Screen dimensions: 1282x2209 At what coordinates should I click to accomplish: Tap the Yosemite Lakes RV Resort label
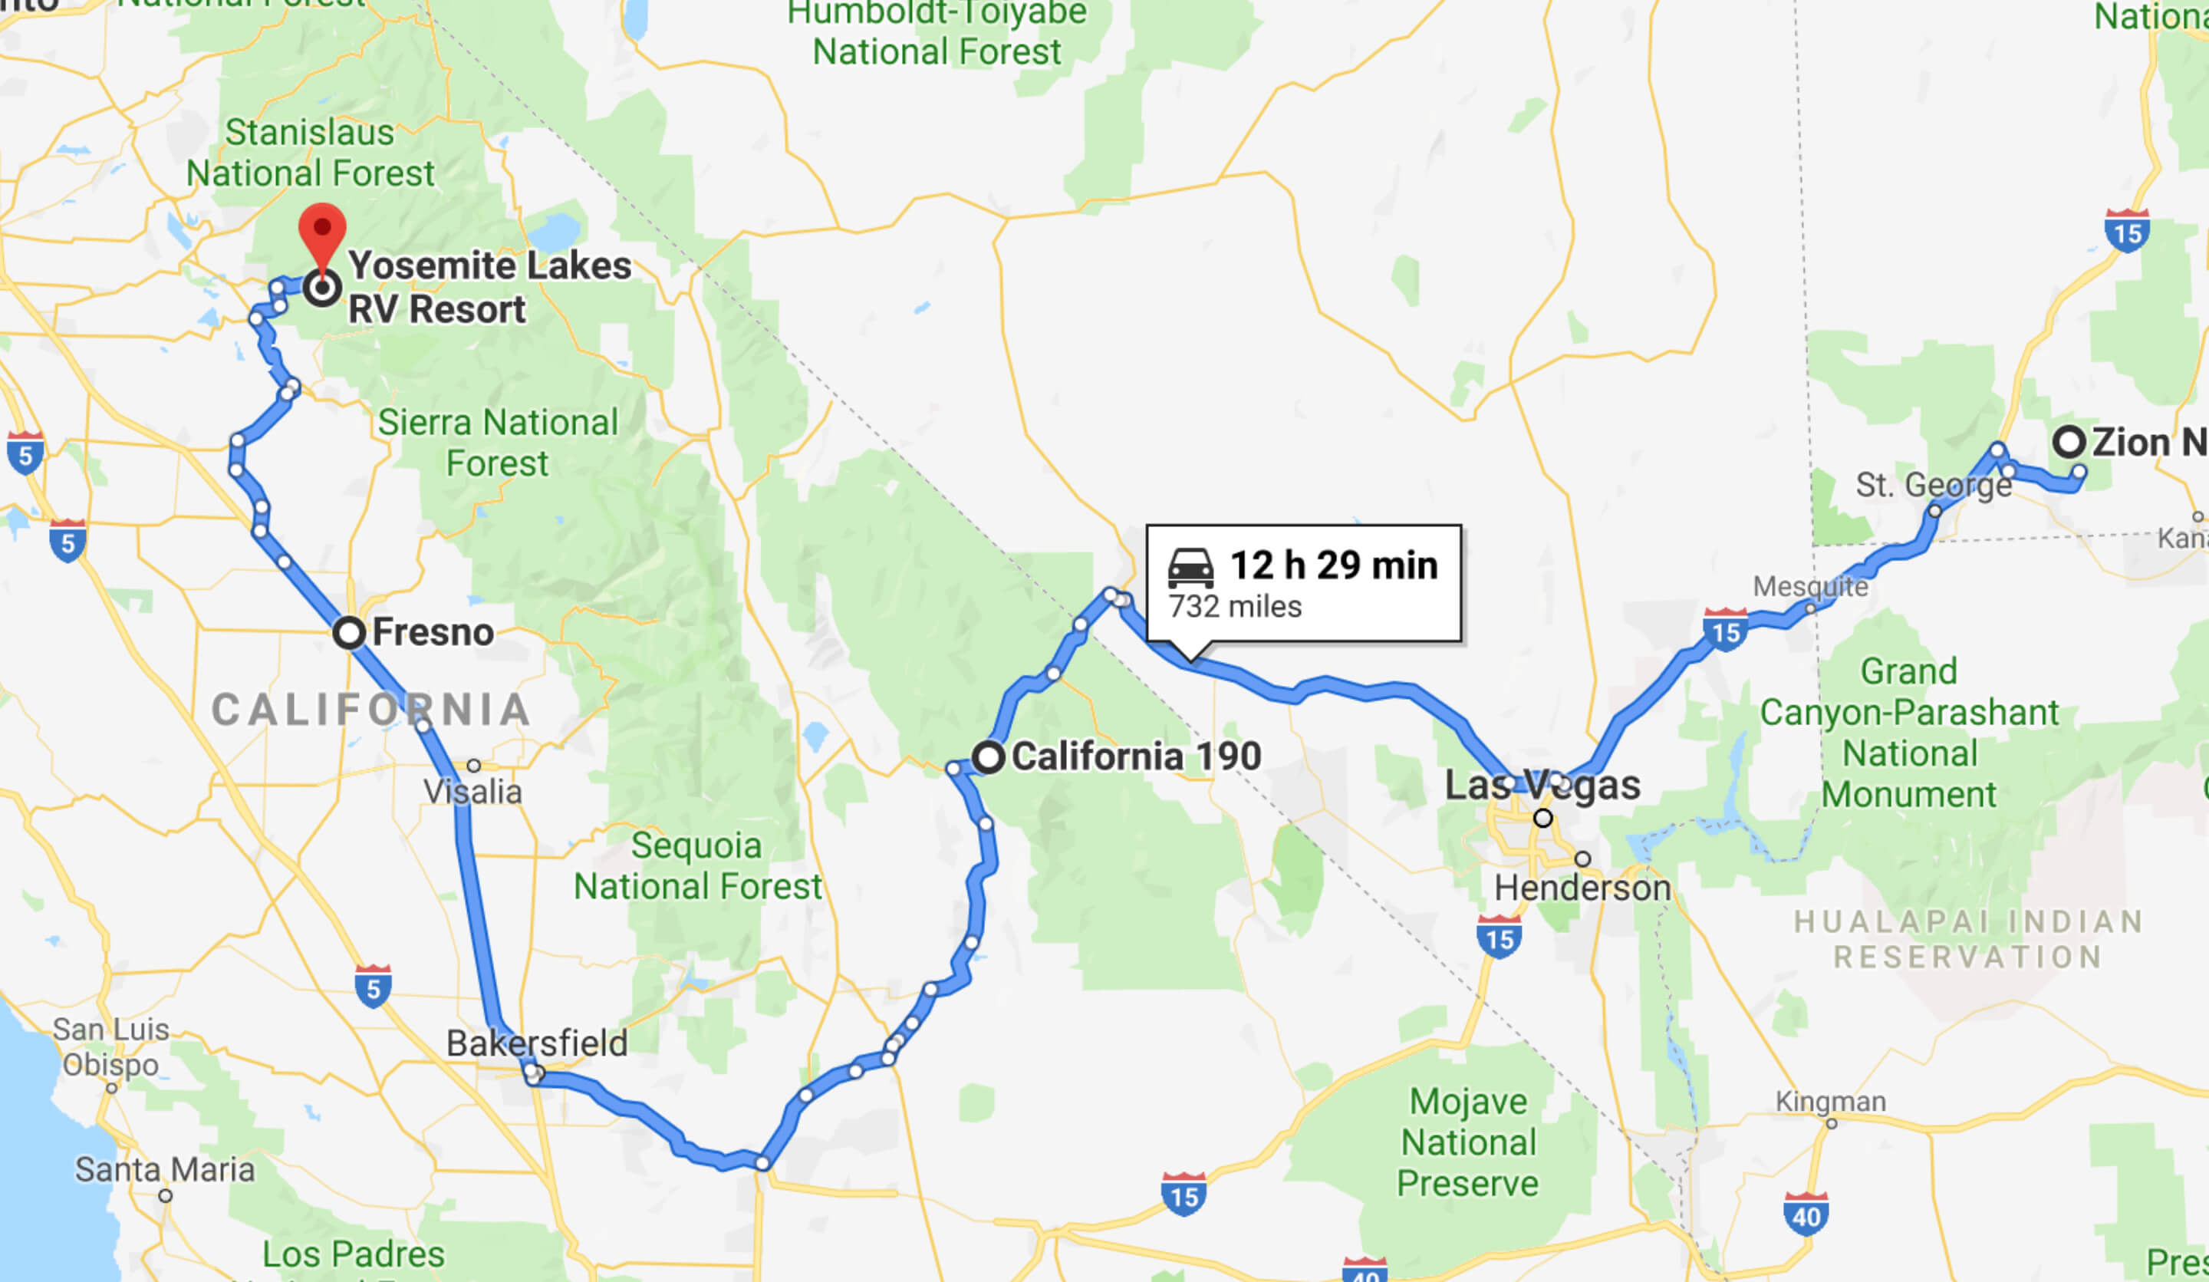pos(489,287)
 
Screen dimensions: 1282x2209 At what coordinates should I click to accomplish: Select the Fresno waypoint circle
pos(349,632)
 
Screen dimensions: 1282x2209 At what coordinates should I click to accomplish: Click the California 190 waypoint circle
pos(989,756)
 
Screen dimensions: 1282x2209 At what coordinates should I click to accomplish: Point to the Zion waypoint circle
pos(2069,441)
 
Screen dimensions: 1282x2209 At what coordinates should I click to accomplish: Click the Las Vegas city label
pos(1542,785)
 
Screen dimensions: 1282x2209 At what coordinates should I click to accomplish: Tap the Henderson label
pos(1582,888)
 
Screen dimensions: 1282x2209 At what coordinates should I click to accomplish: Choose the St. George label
pos(1933,484)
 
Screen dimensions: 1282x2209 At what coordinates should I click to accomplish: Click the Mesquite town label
pos(1810,585)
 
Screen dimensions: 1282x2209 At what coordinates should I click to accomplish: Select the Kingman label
pos(1830,1102)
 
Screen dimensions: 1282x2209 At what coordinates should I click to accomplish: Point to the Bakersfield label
pos(536,1043)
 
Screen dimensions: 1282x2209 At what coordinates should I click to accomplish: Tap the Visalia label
pos(472,792)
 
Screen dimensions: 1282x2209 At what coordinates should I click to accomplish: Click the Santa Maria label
pos(165,1170)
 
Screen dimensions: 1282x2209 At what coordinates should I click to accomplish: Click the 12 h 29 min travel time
pos(1333,565)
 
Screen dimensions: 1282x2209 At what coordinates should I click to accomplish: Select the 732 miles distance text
pos(1235,607)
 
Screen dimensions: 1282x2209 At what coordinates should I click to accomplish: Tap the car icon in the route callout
pos(1190,568)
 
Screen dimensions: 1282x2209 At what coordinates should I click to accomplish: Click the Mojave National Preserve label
pos(1468,1142)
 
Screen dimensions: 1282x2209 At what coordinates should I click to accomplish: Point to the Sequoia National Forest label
pos(698,865)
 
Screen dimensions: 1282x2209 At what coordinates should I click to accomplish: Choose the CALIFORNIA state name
pos(370,710)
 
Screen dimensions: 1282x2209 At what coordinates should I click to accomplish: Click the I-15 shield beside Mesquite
pos(1725,630)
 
